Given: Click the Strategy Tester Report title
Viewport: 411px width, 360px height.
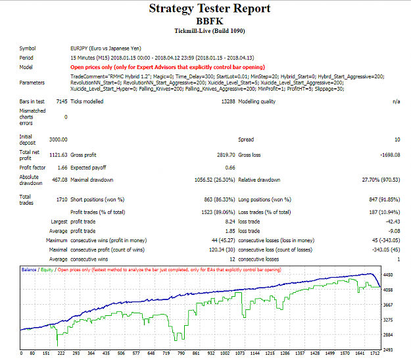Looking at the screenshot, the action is [209, 9].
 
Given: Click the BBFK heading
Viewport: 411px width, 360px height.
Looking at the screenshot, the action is [210, 21].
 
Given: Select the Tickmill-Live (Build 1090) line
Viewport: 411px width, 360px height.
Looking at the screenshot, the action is [210, 31].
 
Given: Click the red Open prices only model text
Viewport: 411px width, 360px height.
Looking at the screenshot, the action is [168, 67].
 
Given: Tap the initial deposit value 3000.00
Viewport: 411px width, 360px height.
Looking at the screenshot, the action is [58, 140].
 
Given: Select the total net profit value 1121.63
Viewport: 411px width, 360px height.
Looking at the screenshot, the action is [58, 155].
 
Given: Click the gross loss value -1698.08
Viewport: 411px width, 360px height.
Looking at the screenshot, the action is [390, 155].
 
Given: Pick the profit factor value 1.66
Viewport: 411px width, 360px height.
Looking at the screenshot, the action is [62, 168].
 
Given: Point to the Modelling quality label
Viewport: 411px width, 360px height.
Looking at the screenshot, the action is [257, 101].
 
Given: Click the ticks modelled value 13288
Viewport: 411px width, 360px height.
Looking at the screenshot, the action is [228, 101].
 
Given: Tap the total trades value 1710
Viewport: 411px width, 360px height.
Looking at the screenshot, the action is [62, 199].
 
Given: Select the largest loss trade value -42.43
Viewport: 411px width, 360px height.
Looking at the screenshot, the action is [393, 222].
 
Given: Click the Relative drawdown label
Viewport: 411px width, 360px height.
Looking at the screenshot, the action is [259, 180].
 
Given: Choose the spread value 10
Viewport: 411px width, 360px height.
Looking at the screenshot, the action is [397, 140].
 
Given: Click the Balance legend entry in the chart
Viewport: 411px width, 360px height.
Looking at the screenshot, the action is [29, 270].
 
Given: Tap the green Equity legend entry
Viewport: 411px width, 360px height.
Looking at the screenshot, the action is [47, 270].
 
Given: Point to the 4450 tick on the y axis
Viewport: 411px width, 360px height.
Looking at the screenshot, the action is [388, 275].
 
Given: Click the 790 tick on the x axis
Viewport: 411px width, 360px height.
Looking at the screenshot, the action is [181, 353].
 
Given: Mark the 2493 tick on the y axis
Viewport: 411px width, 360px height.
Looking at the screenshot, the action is [388, 350].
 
